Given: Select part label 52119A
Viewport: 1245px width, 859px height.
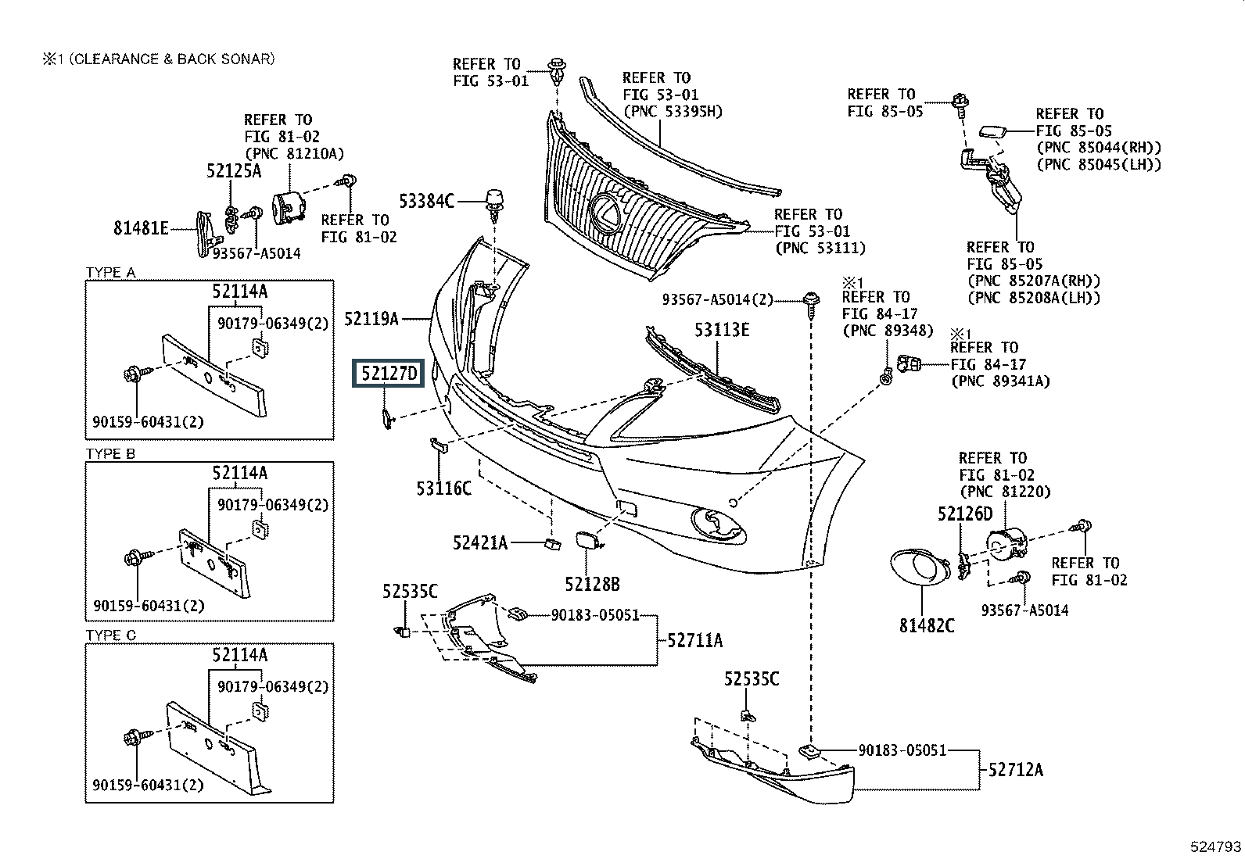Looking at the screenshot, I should [371, 318].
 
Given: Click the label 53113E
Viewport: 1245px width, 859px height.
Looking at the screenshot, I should [722, 330].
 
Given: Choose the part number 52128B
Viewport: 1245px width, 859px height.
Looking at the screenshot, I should [592, 584].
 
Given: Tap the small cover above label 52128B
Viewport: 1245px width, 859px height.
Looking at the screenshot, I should [587, 540].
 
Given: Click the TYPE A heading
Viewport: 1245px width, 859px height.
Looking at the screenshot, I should [110, 272].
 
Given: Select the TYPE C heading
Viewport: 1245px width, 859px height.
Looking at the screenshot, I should [110, 635].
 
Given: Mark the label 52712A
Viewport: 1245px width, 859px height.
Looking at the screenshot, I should [1015, 769].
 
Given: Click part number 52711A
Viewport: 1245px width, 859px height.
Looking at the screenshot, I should [695, 641].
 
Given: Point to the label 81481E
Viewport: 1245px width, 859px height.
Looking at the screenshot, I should [141, 228].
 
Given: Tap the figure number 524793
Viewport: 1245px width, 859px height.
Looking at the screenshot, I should [1215, 846].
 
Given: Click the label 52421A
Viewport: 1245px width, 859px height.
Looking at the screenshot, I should [479, 542].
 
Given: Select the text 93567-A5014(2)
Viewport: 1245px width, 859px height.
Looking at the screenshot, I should [717, 299].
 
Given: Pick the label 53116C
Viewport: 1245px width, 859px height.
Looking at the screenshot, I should [443, 489].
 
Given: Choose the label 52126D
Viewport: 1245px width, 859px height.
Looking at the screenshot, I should [965, 514].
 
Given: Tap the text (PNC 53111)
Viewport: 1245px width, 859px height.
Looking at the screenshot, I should [820, 249].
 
